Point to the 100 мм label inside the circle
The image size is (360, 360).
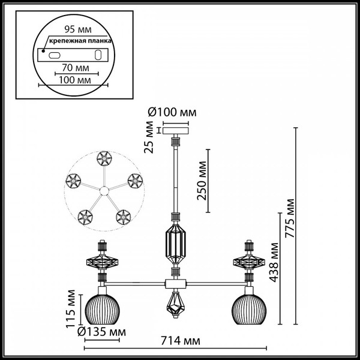(x=72, y=79)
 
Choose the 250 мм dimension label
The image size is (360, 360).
(x=202, y=181)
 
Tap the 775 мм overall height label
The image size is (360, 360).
(x=291, y=218)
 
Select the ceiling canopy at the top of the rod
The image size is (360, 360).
(x=176, y=130)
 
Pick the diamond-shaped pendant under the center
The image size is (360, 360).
(x=176, y=305)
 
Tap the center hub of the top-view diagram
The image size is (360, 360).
(x=103, y=191)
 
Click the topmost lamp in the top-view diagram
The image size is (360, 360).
(x=103, y=158)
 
